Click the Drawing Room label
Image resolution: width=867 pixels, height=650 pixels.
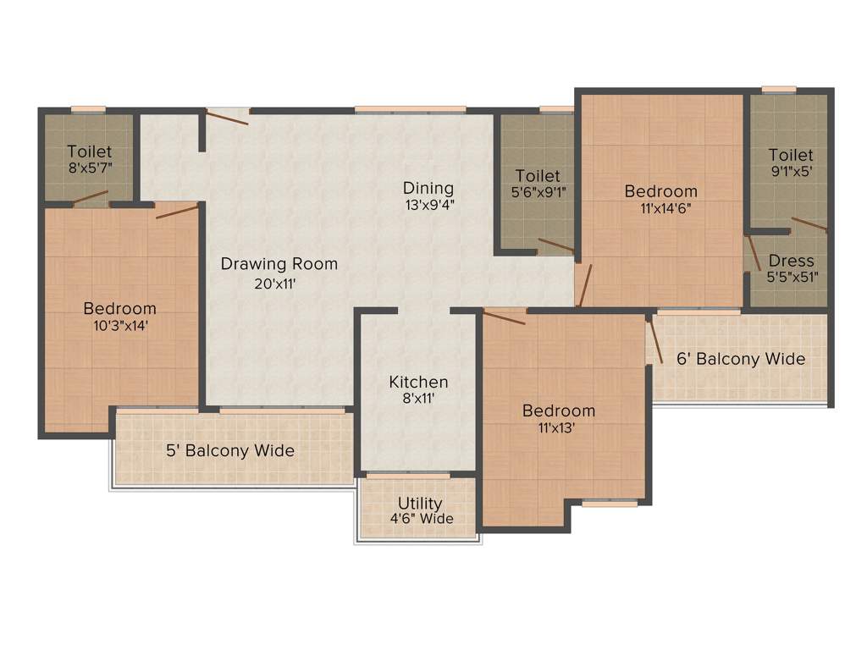279,264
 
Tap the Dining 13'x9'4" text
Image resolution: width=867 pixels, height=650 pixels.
428,196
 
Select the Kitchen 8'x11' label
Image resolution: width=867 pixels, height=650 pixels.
418,390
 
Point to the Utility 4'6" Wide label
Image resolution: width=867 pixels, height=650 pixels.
420,510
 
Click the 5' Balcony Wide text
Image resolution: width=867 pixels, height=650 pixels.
230,450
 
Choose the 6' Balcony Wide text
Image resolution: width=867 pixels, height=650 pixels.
741,359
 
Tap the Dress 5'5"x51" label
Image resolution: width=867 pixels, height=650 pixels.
792,268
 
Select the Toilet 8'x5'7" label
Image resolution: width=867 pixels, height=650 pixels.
90,160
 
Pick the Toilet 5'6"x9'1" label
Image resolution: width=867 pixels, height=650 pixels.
538,183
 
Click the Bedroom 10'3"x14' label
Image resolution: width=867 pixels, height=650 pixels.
119,316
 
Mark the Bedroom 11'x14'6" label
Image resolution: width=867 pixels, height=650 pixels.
660,199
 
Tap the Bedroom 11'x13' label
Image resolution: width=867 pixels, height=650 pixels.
558,418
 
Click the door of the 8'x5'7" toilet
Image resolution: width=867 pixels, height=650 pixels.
91,198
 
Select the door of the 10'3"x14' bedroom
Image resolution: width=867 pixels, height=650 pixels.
178,210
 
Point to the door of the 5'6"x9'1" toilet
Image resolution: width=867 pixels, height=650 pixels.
556,245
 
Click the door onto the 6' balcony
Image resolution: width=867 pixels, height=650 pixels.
654,339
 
